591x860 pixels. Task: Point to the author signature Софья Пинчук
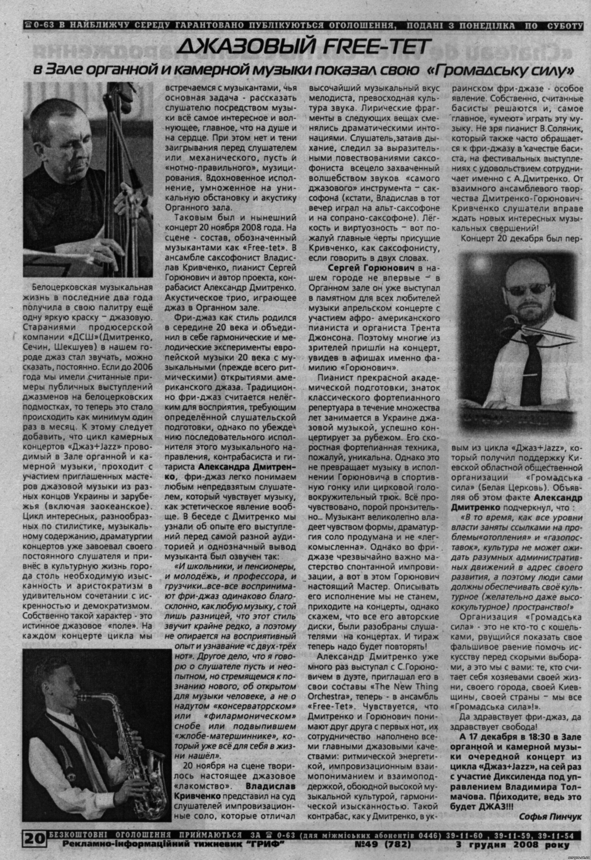pyautogui.click(x=550, y=813)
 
